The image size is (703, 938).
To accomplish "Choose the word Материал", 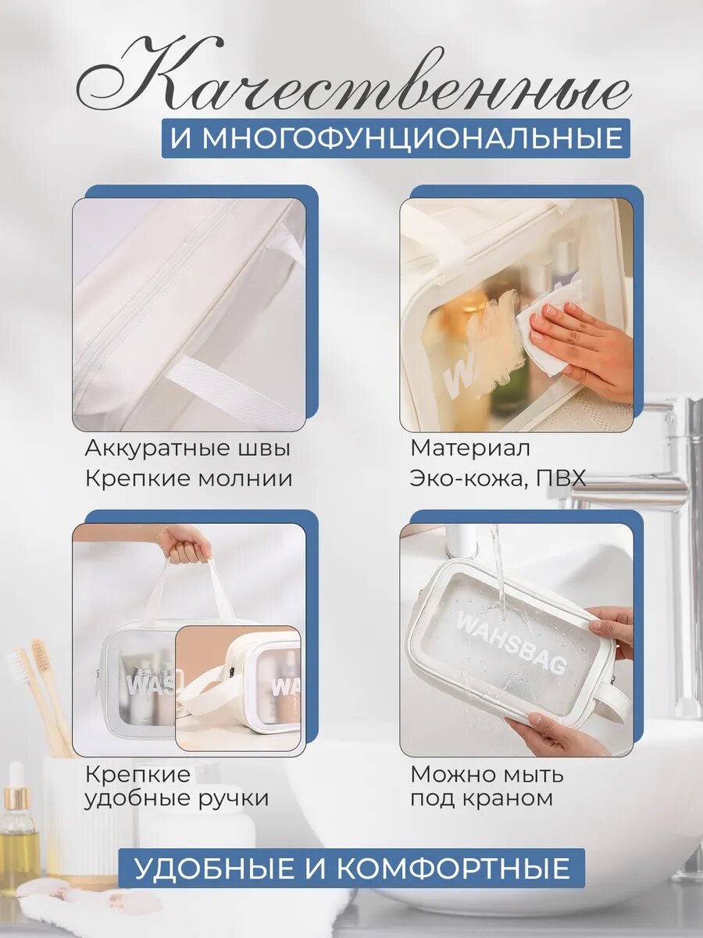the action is [x=470, y=448].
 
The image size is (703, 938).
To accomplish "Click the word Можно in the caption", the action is [x=451, y=775].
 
